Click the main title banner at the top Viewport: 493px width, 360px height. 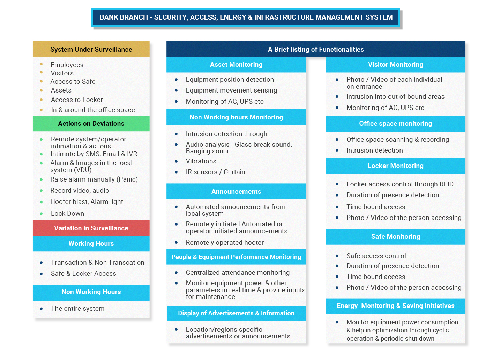click(x=246, y=17)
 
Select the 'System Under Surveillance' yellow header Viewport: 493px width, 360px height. click(x=91, y=49)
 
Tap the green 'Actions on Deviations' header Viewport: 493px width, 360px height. click(x=91, y=124)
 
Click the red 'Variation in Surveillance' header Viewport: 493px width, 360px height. click(x=91, y=228)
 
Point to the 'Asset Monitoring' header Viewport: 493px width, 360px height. click(x=236, y=65)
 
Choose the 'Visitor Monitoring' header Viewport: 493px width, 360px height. click(x=395, y=65)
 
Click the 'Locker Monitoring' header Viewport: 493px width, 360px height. click(x=395, y=166)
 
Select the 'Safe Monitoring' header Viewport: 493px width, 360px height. click(x=395, y=237)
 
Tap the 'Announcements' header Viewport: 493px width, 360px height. click(x=236, y=191)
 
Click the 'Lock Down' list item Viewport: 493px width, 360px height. click(x=67, y=213)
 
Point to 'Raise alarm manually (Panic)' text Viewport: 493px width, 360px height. click(x=94, y=179)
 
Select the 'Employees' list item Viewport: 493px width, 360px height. click(x=67, y=65)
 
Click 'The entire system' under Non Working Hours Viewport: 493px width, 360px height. click(x=77, y=308)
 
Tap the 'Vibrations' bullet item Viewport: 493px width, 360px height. click(x=201, y=161)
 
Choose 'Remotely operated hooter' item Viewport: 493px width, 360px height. click(x=225, y=242)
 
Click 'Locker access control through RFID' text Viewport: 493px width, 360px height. click(x=400, y=184)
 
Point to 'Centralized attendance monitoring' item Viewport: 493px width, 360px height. click(x=238, y=272)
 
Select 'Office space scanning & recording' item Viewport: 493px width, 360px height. click(x=397, y=139)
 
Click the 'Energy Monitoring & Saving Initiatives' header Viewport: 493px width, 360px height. click(x=395, y=306)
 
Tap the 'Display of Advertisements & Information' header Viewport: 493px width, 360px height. click(x=236, y=313)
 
